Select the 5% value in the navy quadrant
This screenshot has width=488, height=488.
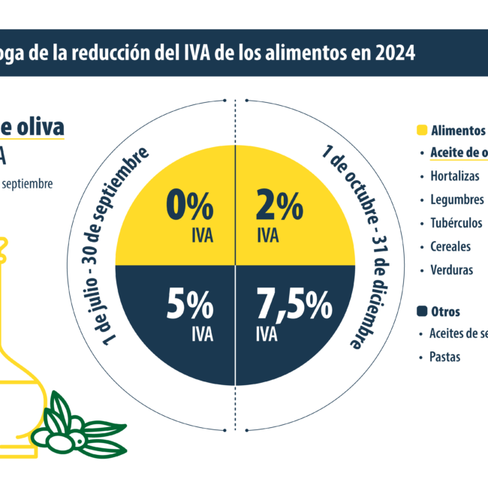190,307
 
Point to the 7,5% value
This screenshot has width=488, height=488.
294,307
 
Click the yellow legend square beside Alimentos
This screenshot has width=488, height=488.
422,130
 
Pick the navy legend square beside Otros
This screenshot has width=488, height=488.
422,311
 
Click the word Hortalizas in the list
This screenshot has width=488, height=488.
455,176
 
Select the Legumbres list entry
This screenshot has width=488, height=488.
456,200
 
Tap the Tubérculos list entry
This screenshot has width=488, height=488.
456,223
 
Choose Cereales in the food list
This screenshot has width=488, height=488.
450,246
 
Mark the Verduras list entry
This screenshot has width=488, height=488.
452,270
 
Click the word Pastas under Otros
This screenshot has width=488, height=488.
446,357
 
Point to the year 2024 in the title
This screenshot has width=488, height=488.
391,53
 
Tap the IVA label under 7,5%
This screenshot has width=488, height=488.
268,333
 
